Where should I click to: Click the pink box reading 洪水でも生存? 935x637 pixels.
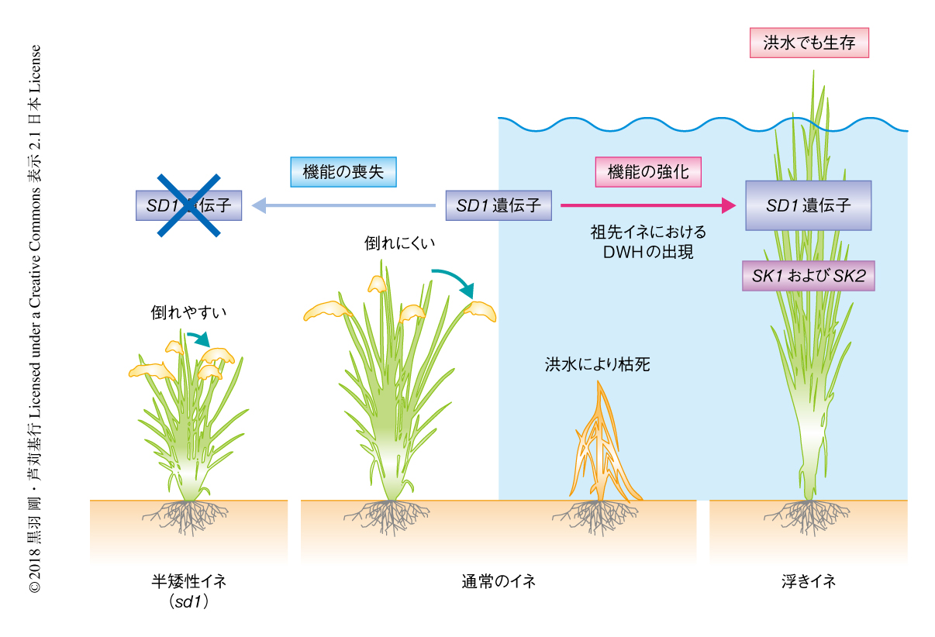point(809,43)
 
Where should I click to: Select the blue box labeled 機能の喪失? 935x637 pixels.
point(343,172)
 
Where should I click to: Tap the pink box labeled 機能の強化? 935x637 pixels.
point(647,172)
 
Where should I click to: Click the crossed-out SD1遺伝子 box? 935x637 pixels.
point(189,205)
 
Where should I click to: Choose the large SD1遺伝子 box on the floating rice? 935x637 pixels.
point(808,205)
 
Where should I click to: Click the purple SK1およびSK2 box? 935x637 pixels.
point(808,275)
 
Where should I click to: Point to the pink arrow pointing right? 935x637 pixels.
point(647,205)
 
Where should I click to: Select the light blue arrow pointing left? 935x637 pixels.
point(345,205)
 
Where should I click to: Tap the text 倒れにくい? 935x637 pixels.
point(400,243)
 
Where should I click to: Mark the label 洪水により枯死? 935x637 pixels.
point(597,364)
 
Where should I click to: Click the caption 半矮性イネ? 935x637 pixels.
point(188,581)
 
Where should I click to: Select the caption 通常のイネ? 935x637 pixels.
point(498,581)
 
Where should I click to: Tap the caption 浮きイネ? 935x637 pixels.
point(808,581)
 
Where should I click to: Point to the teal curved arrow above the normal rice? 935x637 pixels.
point(454,280)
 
